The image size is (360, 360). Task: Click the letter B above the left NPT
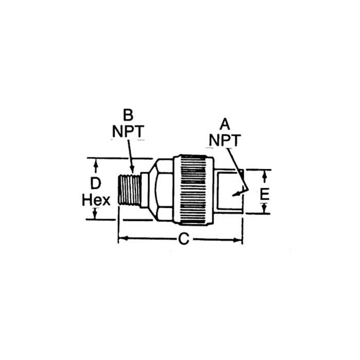pyautogui.click(x=128, y=114)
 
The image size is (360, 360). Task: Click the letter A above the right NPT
pyautogui.click(x=225, y=123)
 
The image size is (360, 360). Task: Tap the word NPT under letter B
pyautogui.click(x=128, y=131)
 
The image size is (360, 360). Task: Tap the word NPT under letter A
pyautogui.click(x=225, y=140)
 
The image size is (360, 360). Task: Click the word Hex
pyautogui.click(x=96, y=200)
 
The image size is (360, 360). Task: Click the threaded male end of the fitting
pyautogui.click(x=130, y=190)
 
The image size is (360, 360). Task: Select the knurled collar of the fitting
pyautogui.click(x=193, y=190)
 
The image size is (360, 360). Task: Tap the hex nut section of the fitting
pyautogui.click(x=163, y=190)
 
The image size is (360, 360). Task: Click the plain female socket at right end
pyautogui.click(x=228, y=191)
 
